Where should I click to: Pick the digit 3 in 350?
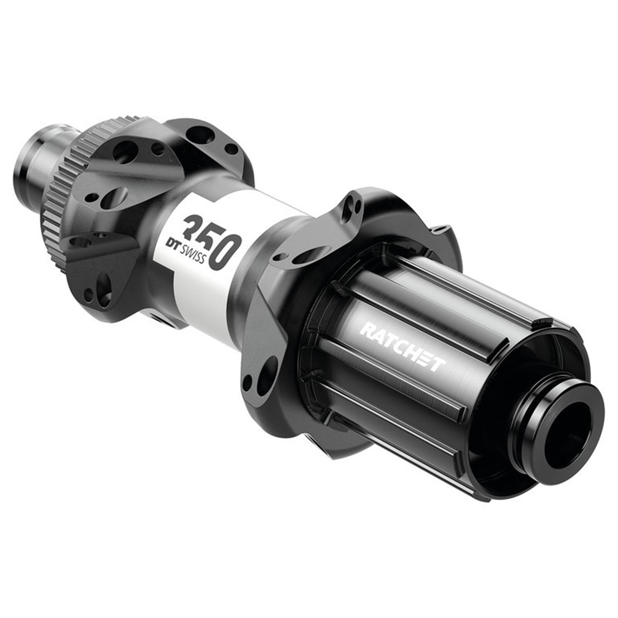point(194,228)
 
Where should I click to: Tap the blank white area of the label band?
point(201,294)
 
